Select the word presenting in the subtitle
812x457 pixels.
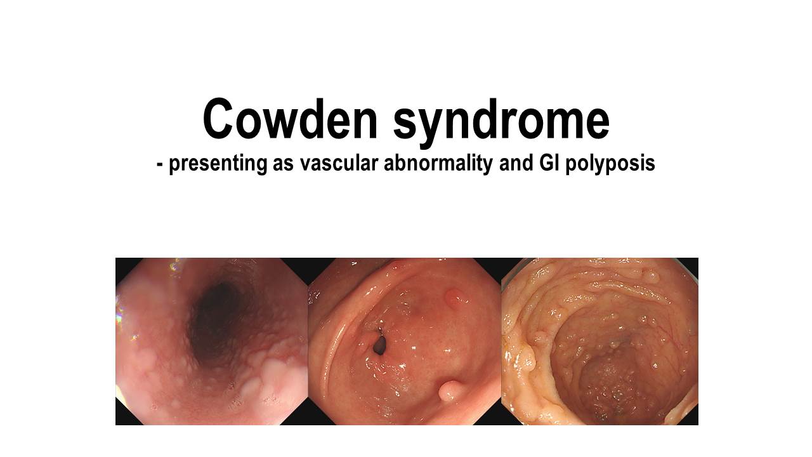218,164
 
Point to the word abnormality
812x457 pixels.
438,164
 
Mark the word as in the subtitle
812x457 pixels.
283,166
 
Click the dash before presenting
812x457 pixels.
159,165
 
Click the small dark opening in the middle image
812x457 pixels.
379,345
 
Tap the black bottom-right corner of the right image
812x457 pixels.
691,420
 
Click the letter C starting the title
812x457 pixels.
218,119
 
